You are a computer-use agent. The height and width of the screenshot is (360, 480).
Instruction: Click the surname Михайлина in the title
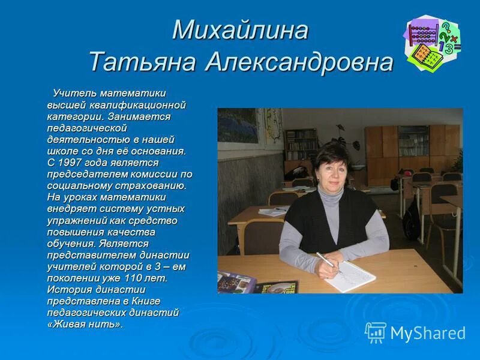(x=240, y=31)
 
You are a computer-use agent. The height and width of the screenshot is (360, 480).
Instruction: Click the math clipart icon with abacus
(x=433, y=44)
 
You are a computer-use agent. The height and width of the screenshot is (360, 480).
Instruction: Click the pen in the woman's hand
(x=328, y=262)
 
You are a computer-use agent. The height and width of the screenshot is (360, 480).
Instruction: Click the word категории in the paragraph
(x=72, y=116)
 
